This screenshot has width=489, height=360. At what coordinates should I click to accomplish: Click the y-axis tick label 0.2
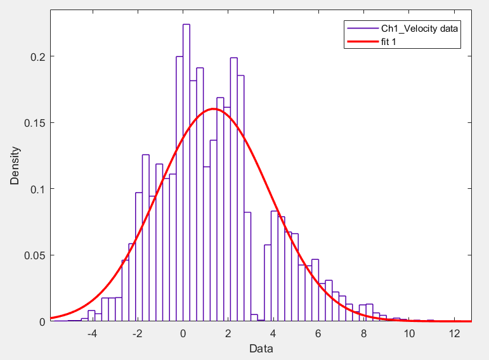[x=38, y=56]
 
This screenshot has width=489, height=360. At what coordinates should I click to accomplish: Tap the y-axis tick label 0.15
[x=36, y=123]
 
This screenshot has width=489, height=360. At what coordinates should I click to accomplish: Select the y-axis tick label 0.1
[x=38, y=189]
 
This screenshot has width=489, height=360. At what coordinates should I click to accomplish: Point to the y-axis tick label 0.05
[x=36, y=255]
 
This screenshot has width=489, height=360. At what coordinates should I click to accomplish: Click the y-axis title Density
[x=15, y=166]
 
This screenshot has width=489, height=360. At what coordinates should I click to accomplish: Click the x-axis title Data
[x=261, y=348]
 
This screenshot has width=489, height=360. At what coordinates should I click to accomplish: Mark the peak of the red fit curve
[x=213, y=109]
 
